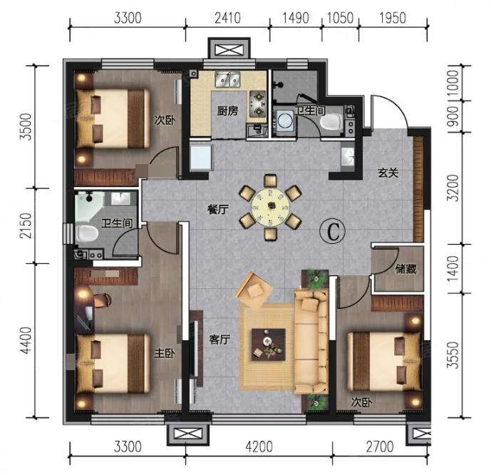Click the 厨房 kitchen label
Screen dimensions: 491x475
[227, 111]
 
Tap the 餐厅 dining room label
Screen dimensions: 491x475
[218, 209]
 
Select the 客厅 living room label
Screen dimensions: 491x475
[219, 339]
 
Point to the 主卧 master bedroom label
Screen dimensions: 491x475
[165, 353]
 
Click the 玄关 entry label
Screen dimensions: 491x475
[388, 173]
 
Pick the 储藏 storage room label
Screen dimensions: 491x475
[405, 268]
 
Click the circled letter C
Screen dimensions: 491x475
[333, 232]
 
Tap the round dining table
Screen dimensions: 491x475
[271, 207]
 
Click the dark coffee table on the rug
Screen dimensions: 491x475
[269, 344]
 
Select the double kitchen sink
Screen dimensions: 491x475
[227, 79]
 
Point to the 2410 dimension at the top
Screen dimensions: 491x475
[227, 18]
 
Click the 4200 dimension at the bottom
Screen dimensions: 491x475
[259, 446]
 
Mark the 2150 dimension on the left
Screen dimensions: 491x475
[26, 225]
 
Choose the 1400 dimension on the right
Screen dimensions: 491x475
[453, 268]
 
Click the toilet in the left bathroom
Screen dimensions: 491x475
[86, 233]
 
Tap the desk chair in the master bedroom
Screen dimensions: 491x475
[103, 300]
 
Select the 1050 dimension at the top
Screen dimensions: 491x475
[341, 18]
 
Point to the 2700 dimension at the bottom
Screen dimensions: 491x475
[380, 446]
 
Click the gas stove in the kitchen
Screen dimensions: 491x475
[258, 103]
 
